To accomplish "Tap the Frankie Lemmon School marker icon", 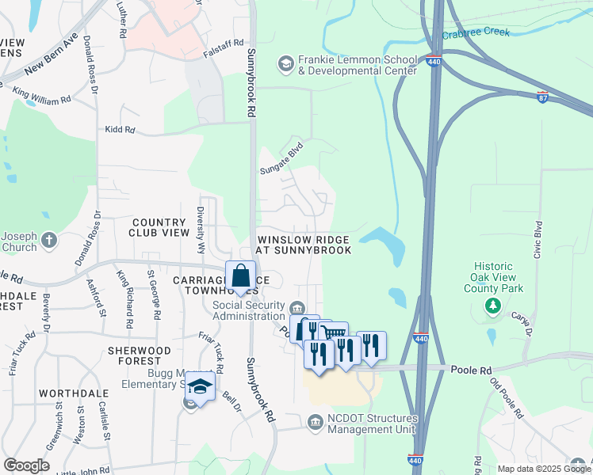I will click(285, 62).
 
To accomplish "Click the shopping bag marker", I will click(241, 276).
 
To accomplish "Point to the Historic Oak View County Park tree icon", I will click(494, 306).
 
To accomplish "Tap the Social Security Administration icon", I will click(296, 308).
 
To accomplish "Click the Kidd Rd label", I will click(121, 130).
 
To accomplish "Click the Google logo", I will click(25, 465).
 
